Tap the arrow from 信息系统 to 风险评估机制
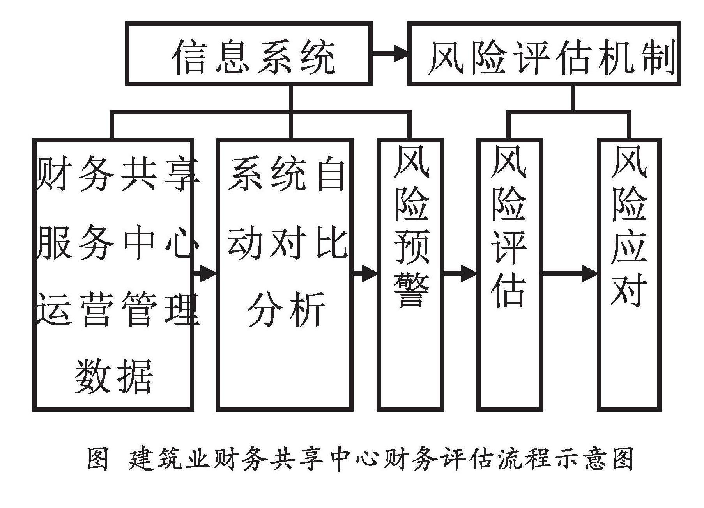pyautogui.click(x=389, y=53)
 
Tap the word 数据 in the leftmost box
pyautogui.click(x=113, y=375)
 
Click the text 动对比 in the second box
pyautogui.click(x=287, y=242)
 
